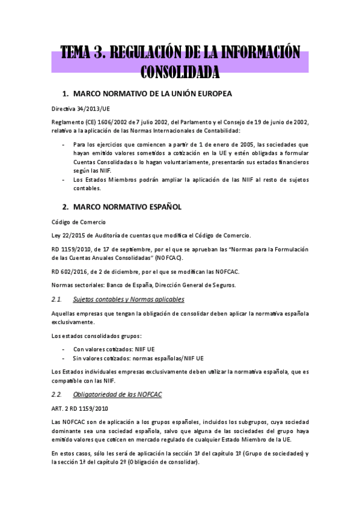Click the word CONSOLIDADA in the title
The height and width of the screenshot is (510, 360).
click(x=180, y=73)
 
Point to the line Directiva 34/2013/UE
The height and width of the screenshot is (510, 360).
click(x=81, y=109)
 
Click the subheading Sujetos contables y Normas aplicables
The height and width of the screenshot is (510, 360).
click(x=128, y=299)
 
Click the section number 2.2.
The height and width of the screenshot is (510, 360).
click(x=57, y=395)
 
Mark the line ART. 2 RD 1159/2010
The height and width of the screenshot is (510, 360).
click(x=80, y=409)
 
